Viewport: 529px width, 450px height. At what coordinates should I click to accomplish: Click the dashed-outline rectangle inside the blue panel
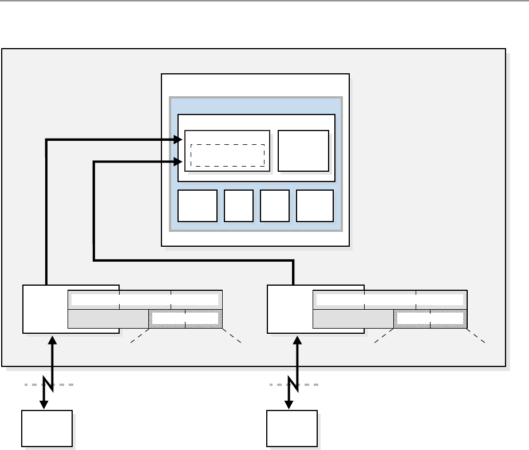click(227, 155)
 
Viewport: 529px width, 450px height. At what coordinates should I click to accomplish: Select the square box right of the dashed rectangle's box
click(303, 151)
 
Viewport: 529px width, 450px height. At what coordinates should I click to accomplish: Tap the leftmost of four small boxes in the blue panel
click(198, 206)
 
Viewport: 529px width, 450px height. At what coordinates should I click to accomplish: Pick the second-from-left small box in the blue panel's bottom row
click(239, 206)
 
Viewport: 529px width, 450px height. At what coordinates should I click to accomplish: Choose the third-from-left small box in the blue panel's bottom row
click(274, 206)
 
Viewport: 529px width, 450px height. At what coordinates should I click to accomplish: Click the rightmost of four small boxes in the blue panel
click(315, 206)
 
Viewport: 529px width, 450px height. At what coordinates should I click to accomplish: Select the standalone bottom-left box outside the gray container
click(47, 428)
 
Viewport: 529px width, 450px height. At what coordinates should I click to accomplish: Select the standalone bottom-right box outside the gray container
click(292, 428)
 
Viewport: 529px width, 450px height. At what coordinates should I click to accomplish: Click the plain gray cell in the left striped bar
click(108, 318)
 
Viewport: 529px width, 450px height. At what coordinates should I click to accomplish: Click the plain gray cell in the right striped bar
click(353, 318)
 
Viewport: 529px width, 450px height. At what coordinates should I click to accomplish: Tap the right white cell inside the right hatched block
click(447, 318)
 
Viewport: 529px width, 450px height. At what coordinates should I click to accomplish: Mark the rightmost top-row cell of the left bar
click(196, 299)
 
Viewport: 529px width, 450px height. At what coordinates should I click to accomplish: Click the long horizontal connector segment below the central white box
click(195, 261)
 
